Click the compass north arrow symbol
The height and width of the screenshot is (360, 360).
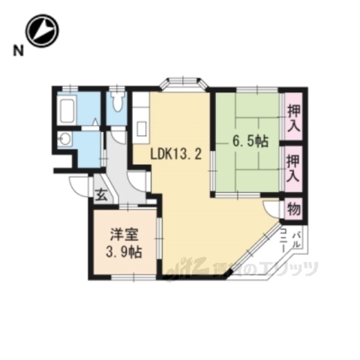coord(42,31)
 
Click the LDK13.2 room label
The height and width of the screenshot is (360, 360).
coord(175,155)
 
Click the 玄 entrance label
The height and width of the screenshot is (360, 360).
coord(100,196)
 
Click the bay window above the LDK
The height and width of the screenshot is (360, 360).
coord(183,82)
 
